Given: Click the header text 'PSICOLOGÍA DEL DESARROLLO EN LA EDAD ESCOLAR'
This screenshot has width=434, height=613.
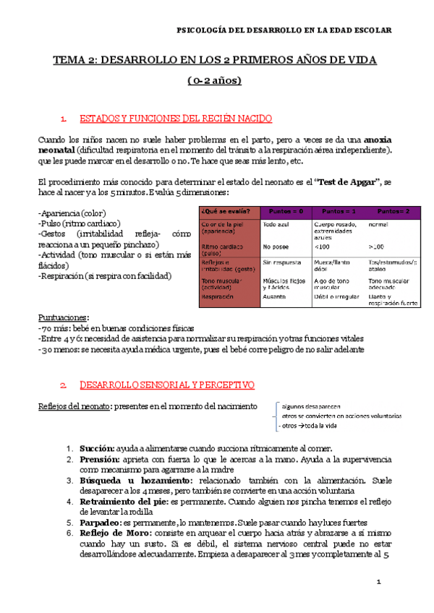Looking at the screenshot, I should [284, 30].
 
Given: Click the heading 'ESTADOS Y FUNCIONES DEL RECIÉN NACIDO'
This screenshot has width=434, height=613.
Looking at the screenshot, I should [175, 118].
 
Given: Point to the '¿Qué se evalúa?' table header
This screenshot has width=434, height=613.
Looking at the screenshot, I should [226, 211].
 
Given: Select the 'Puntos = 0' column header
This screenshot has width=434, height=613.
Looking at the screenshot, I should [286, 211].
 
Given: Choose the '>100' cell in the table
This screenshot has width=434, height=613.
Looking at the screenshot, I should [376, 247].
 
